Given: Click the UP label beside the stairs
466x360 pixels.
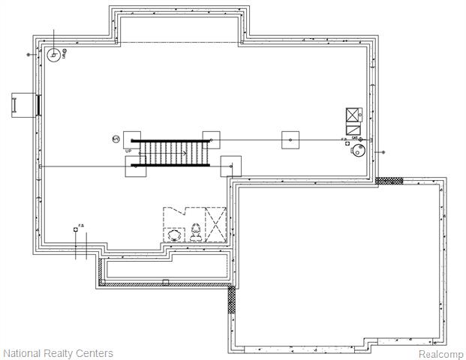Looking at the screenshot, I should click(x=128, y=151).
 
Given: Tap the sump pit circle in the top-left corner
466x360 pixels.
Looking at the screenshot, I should click(x=54, y=55).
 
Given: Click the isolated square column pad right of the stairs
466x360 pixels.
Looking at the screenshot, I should click(x=290, y=139).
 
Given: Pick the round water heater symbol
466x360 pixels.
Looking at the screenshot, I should click(x=359, y=151).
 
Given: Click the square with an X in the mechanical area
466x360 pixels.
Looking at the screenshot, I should click(x=353, y=115).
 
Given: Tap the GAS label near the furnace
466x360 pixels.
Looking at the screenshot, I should click(x=355, y=139).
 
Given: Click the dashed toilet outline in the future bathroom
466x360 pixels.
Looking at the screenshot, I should click(x=197, y=232).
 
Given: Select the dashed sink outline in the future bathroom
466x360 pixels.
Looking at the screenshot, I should click(x=173, y=235).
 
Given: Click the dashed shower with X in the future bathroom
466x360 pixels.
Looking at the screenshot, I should click(x=216, y=225).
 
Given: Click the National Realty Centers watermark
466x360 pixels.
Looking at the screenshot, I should click(x=59, y=353).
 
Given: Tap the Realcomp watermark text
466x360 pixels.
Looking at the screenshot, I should click(x=440, y=354).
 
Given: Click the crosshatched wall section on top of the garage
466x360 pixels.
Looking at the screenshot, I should click(x=389, y=181).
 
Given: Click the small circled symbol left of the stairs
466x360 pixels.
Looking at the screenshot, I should click(x=116, y=139).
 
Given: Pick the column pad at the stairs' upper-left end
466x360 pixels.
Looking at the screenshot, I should click(x=132, y=139).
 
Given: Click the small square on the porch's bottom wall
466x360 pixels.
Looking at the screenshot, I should click(x=165, y=283).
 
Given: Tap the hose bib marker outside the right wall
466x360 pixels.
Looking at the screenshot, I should click(x=383, y=152).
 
